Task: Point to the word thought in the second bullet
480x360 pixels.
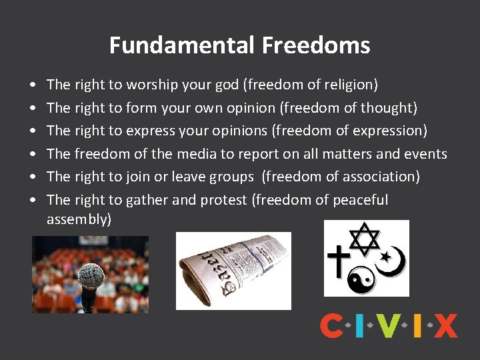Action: coord(389,107)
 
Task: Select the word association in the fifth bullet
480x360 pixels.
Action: coord(382,177)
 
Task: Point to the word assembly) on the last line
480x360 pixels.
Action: coord(79,219)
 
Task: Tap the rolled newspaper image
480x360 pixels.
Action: coord(233,270)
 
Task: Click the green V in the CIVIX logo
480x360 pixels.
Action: coord(387,325)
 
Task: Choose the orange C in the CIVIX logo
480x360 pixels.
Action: coord(331,325)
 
